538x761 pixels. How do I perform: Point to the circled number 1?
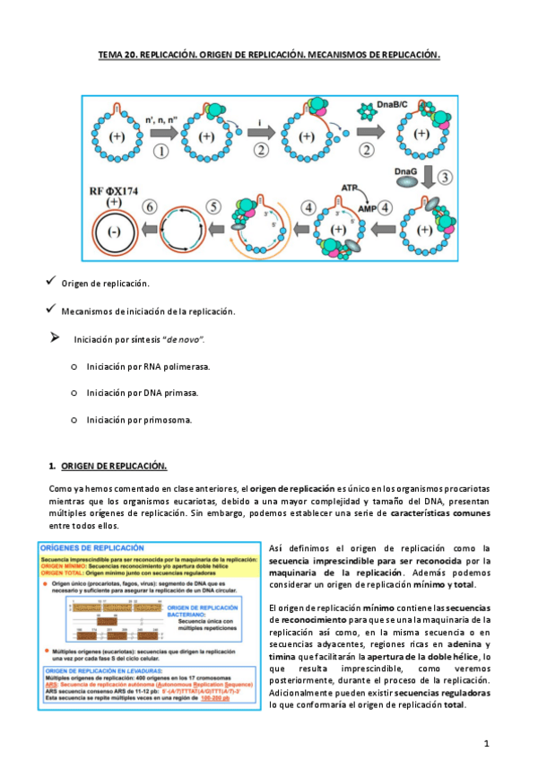161,150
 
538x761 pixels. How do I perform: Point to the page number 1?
485,743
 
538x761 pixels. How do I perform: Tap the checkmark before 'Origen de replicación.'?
50,282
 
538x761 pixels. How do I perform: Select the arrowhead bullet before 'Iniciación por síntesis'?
54,338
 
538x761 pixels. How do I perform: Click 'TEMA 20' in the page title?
117,56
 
